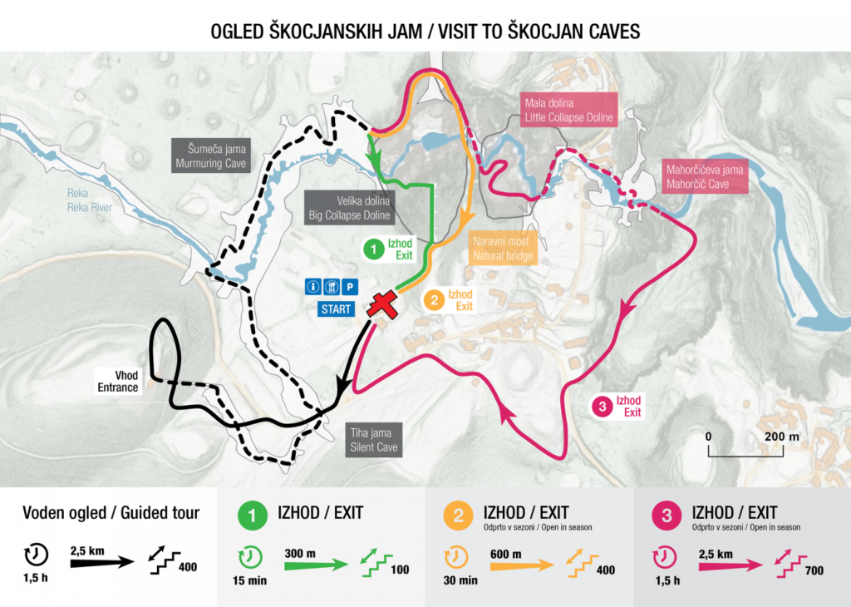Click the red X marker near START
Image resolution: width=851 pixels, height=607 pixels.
[x=383, y=305]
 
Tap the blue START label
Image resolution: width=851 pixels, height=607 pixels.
[x=337, y=309]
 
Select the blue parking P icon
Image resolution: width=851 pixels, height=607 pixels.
[x=350, y=287]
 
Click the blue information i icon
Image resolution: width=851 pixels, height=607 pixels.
[x=313, y=287]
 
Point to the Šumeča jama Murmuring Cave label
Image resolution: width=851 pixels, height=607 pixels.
[x=211, y=156]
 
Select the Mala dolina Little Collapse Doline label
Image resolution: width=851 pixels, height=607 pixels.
[x=568, y=111]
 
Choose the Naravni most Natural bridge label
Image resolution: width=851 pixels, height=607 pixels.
[x=502, y=248]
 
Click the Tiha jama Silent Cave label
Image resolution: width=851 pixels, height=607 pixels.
[x=373, y=440]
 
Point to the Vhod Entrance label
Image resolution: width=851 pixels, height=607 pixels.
[x=117, y=381]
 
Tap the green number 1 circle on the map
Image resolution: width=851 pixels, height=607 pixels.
[x=374, y=248]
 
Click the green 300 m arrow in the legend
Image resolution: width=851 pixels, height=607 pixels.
[x=316, y=565]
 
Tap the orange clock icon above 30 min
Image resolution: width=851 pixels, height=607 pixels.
[x=454, y=556]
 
